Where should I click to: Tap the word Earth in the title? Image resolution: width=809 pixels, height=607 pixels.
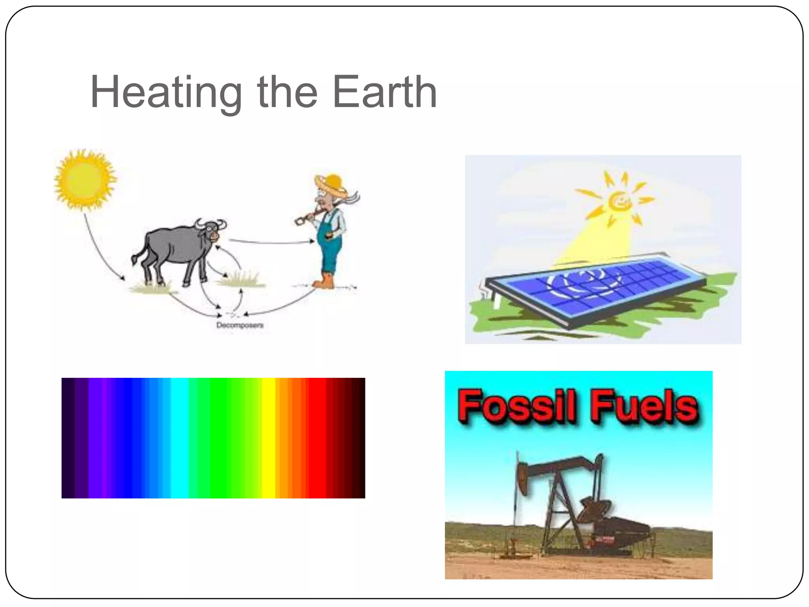click(x=385, y=92)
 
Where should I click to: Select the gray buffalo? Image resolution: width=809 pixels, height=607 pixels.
click(x=174, y=249)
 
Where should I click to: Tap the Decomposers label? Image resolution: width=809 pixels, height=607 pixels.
click(x=240, y=325)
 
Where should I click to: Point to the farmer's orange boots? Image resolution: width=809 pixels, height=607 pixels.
click(x=324, y=281)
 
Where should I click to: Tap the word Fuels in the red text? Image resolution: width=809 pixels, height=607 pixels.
click(x=644, y=406)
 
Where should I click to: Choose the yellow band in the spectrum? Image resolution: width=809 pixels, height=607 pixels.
click(x=268, y=438)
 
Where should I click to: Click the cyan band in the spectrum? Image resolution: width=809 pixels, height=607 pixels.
click(x=179, y=438)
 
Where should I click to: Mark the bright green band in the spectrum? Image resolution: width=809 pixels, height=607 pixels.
click(x=221, y=438)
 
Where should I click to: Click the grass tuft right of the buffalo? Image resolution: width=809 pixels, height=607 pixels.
click(x=241, y=279)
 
